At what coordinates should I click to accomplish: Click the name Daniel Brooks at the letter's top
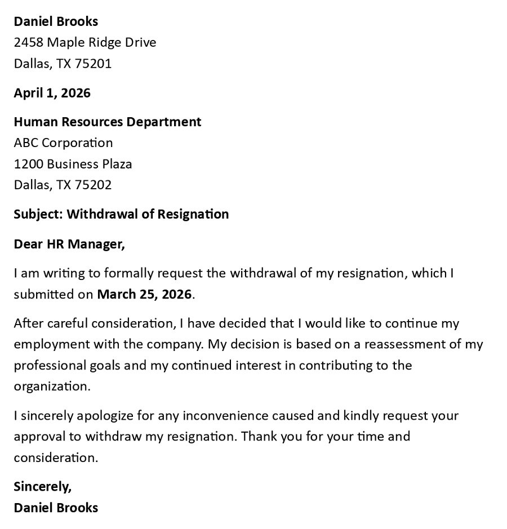point(56,21)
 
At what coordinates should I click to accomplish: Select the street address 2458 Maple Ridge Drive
point(85,42)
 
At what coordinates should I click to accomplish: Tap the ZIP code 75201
point(93,63)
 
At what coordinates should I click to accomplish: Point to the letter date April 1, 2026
point(52,92)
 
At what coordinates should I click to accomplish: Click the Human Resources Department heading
point(108,122)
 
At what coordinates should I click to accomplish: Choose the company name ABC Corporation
point(63,143)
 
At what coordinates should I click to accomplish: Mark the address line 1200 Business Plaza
point(73,164)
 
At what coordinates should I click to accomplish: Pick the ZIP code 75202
point(93,185)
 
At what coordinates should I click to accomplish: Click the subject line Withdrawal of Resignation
point(148,214)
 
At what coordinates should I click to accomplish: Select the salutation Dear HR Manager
point(69,243)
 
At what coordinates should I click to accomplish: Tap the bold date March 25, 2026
point(145,294)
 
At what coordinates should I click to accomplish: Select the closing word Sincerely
point(42,486)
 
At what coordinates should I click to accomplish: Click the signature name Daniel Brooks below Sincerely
point(56,507)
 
